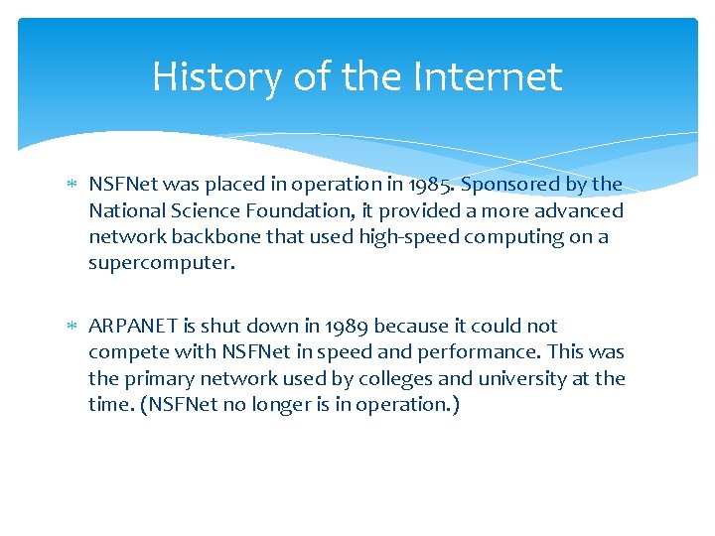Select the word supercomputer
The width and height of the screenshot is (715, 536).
coord(160,263)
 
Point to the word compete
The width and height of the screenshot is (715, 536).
coord(122,352)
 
